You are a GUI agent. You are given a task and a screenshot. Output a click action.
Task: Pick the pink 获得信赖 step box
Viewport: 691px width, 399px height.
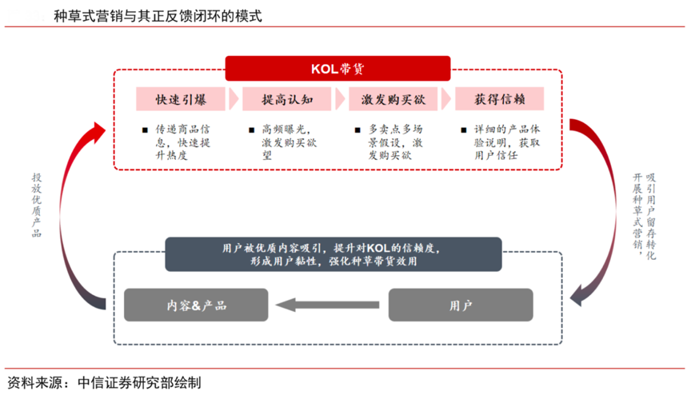tap(499, 99)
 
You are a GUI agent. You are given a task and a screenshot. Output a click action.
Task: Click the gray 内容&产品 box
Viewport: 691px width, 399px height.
tap(197, 305)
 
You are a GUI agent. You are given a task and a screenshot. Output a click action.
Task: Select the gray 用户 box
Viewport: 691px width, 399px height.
tap(461, 305)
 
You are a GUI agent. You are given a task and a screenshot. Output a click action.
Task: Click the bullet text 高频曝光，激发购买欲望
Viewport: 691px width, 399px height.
tap(290, 142)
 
